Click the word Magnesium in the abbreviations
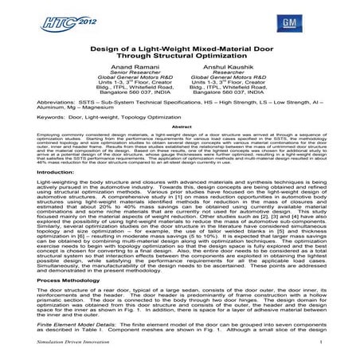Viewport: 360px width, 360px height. [84, 119]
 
